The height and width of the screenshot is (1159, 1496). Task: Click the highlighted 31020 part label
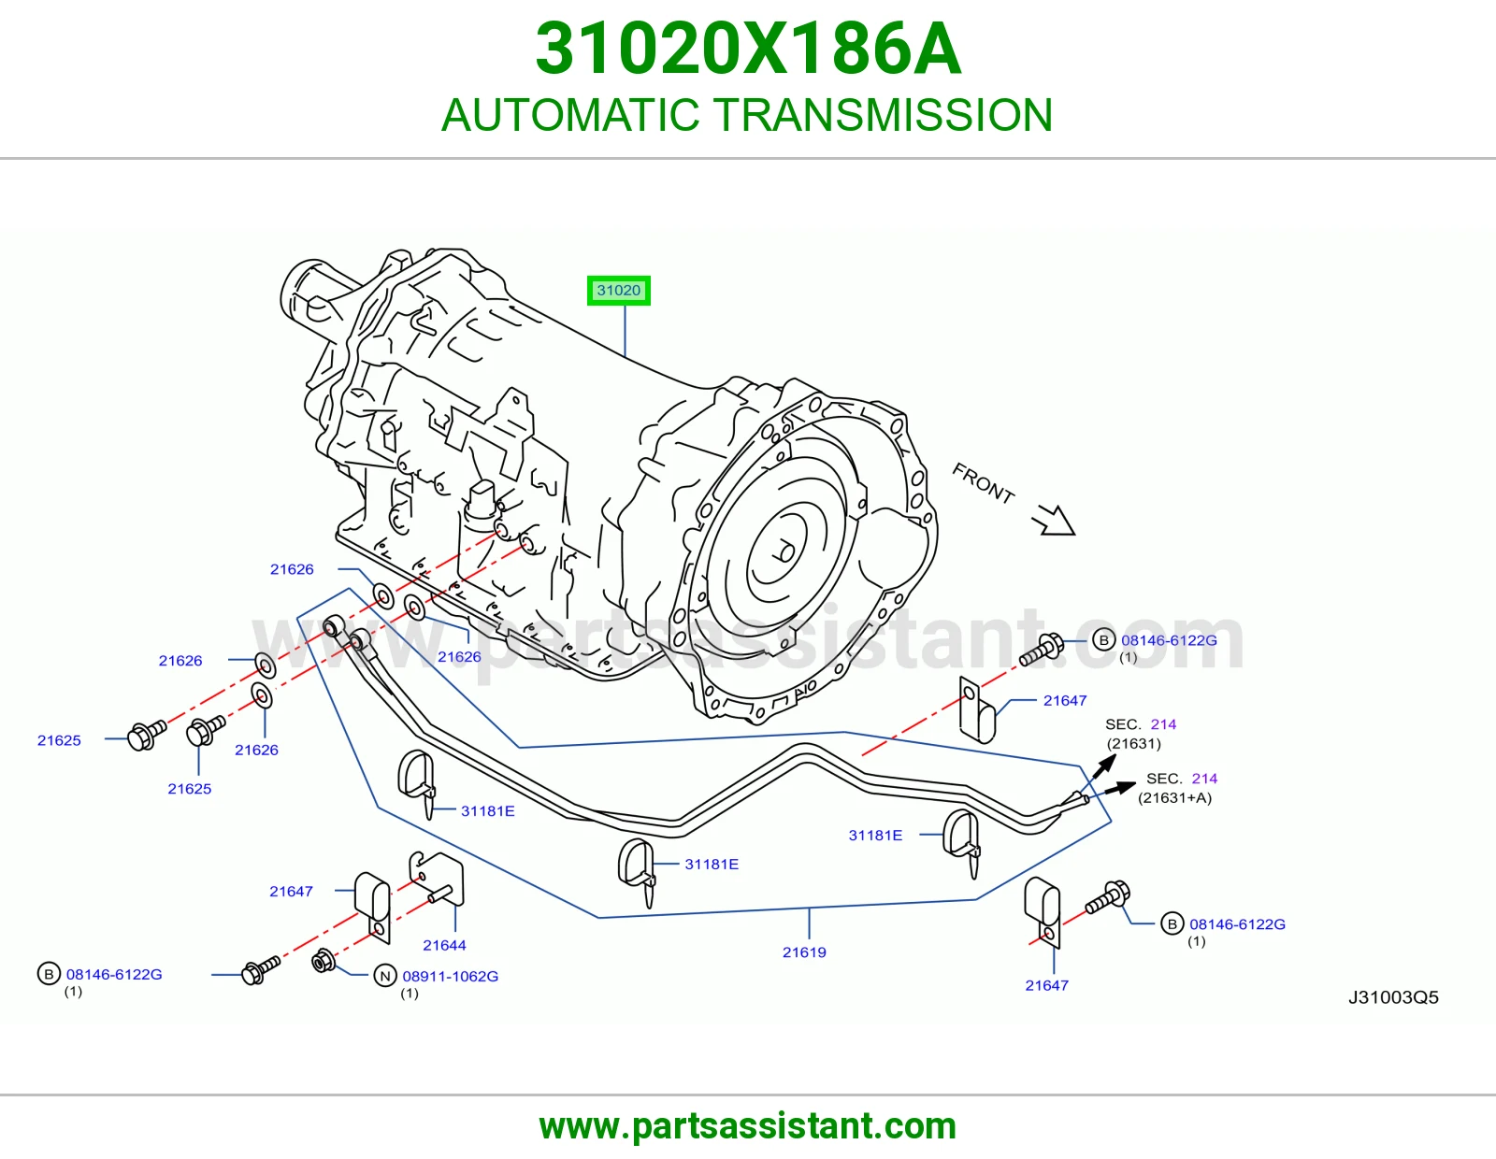618,291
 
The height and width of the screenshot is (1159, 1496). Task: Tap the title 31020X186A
748,49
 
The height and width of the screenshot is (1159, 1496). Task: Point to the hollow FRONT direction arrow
1054,521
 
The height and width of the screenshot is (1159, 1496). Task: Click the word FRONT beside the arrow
983,483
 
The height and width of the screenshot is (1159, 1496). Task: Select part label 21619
804,952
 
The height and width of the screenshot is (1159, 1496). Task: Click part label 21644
444,946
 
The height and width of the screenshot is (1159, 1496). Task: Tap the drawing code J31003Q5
1393,997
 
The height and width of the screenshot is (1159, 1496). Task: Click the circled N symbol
385,976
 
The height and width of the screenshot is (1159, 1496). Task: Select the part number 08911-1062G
451,977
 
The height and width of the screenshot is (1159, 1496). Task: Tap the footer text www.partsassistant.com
748,1126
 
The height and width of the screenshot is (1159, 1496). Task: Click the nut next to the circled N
323,961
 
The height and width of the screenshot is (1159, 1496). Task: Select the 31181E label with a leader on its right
875,836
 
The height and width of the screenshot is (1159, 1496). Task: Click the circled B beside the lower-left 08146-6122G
49,974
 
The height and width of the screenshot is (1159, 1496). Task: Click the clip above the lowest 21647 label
1043,912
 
